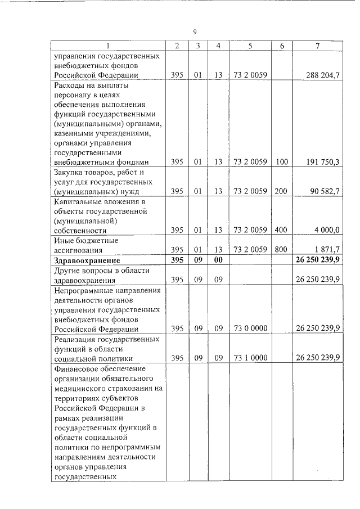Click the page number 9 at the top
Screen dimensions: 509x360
(195, 31)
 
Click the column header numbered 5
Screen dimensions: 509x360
(249, 46)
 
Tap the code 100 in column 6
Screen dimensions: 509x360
(281, 162)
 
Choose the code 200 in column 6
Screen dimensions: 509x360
(281, 192)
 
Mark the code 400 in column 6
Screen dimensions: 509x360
(281, 231)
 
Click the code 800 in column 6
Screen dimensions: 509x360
(281, 250)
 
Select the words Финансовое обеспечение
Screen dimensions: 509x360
(99, 368)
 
